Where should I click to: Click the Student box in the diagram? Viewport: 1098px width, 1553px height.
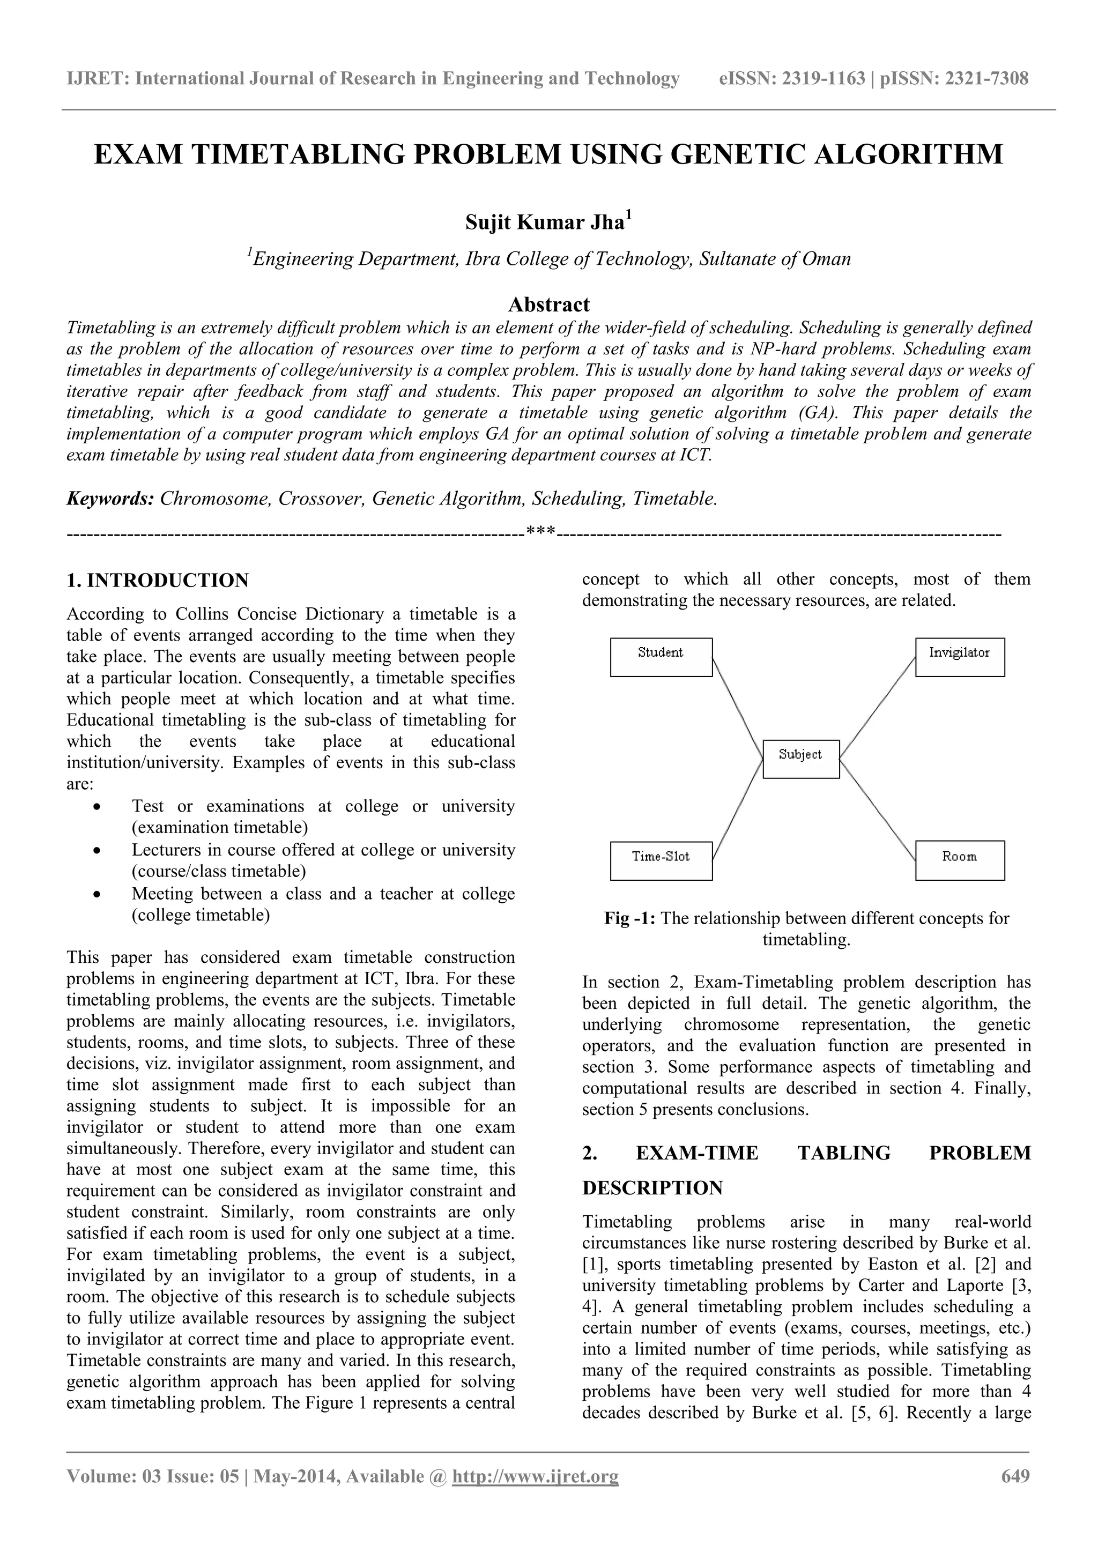click(661, 657)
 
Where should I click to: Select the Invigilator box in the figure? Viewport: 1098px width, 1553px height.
click(959, 657)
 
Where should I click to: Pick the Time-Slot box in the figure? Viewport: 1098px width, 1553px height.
click(661, 860)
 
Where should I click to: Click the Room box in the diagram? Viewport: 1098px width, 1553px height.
click(959, 860)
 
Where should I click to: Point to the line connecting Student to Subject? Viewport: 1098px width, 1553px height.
click(737, 707)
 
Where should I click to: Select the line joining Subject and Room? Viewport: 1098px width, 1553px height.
click(878, 809)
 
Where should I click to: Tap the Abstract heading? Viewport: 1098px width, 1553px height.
click(548, 304)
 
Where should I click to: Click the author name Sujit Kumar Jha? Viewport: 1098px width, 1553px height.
click(545, 222)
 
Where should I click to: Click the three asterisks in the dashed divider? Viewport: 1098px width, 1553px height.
click(540, 534)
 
